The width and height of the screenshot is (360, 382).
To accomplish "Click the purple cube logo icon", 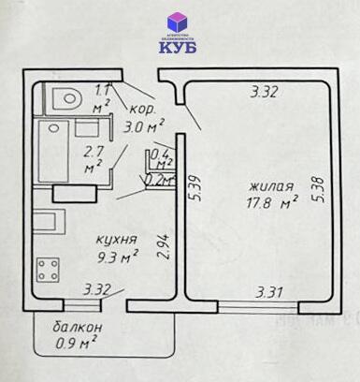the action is (x=177, y=22).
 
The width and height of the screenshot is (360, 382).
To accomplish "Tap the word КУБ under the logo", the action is (x=178, y=48).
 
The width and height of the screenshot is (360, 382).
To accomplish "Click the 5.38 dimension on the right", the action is (x=320, y=191).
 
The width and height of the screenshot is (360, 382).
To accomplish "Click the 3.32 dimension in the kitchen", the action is (x=97, y=289).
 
